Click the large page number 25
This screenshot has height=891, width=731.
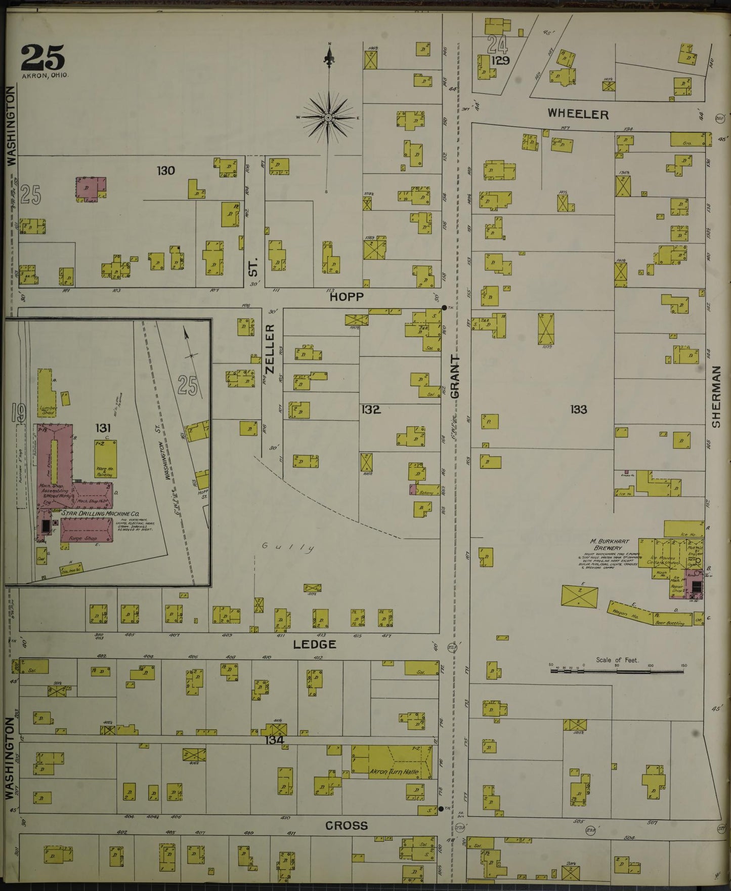pos(42,58)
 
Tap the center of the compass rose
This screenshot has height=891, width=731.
pos(328,117)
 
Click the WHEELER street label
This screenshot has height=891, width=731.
pos(578,114)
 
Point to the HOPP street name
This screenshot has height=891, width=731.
pos(347,297)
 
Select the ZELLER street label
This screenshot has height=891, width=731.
pos(270,349)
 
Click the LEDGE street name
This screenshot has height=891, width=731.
pos(315,644)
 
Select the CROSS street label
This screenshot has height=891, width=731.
pos(346,826)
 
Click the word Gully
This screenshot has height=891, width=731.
pos(288,547)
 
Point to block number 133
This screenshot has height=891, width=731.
pos(578,409)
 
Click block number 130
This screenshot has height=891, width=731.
pos(165,171)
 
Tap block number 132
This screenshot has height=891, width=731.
pos(371,409)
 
